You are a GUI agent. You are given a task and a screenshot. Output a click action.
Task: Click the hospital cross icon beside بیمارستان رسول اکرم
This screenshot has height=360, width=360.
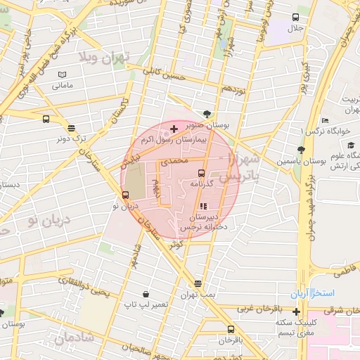(174, 129)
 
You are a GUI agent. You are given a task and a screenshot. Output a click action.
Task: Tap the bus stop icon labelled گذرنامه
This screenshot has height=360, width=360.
(201, 172)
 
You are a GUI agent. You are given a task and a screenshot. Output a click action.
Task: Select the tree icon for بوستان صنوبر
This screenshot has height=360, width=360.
(206, 114)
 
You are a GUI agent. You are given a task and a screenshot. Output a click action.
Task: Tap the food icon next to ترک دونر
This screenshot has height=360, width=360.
(71, 127)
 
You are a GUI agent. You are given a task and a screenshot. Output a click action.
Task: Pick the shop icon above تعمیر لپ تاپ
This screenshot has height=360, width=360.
(145, 294)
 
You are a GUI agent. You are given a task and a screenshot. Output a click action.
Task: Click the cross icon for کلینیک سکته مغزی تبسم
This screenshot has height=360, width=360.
(297, 311)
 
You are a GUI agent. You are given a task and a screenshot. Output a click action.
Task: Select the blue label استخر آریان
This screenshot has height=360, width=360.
(313, 292)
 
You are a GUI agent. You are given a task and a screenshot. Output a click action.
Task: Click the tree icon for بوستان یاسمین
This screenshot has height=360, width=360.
(301, 149)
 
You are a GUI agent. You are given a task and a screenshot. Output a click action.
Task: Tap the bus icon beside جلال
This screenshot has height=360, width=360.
(295, 17)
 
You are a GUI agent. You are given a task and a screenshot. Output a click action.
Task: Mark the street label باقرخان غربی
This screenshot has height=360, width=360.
(258, 308)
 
